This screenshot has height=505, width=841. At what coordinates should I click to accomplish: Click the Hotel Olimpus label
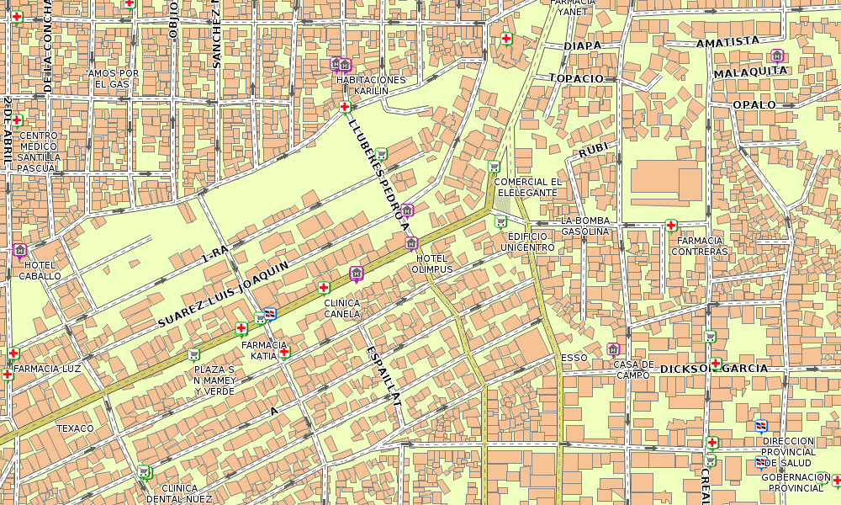click(x=431, y=263)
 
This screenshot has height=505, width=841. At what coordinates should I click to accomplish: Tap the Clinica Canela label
click(x=342, y=308)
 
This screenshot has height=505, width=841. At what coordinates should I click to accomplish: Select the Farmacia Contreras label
click(x=700, y=246)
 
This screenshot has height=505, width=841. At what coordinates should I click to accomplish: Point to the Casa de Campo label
click(x=633, y=369)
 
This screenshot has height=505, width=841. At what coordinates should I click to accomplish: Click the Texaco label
click(x=75, y=428)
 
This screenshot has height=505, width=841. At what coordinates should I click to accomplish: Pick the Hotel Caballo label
click(x=40, y=270)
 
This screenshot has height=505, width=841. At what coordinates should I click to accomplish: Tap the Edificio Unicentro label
click(x=527, y=242)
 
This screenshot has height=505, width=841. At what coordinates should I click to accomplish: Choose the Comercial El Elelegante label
click(x=527, y=187)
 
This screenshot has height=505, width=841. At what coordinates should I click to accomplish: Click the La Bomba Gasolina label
click(x=584, y=226)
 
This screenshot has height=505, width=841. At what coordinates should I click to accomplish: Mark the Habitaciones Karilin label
click(x=370, y=85)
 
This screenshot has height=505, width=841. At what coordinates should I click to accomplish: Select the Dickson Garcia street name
click(x=714, y=369)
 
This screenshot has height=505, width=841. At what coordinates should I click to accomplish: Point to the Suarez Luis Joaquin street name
click(x=223, y=294)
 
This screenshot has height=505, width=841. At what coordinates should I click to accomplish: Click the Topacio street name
click(x=576, y=78)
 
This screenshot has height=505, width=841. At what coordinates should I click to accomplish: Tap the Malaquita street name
click(x=750, y=72)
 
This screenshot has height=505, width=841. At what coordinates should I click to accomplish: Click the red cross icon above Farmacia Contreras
click(x=670, y=225)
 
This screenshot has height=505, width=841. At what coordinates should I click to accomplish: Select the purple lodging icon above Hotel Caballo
click(x=20, y=250)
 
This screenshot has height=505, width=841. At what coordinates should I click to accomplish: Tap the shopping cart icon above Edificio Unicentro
click(x=501, y=221)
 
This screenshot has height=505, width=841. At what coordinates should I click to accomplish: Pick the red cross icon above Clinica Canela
click(x=324, y=287)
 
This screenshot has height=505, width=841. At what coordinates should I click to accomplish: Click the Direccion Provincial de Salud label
click(x=789, y=452)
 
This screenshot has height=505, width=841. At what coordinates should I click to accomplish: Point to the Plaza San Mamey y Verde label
click(x=214, y=380)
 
